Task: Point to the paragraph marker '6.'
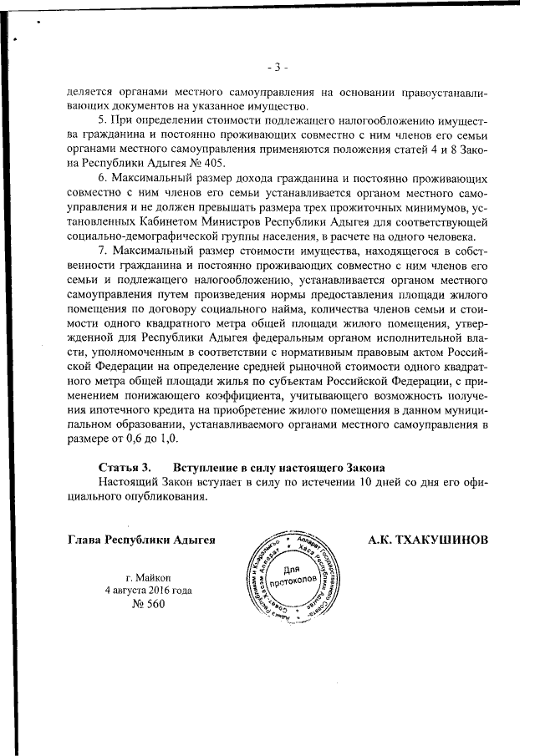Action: [x=104, y=178]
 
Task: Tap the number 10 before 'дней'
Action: [x=359, y=483]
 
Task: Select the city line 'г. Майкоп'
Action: [x=149, y=577]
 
